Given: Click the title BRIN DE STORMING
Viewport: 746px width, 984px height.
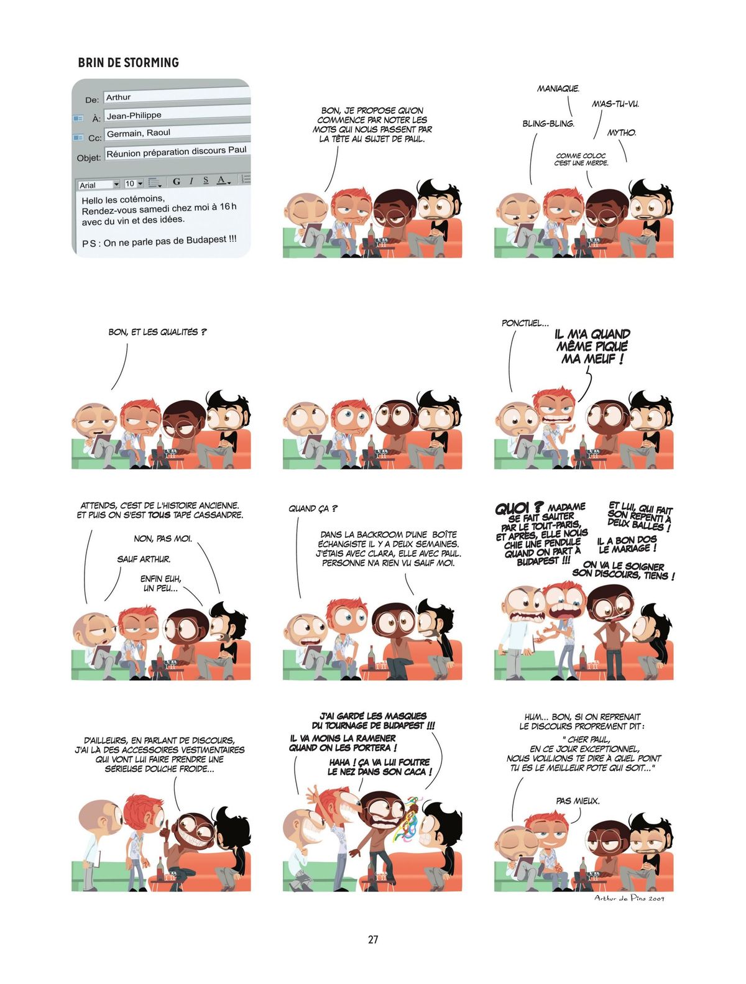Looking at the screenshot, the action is tap(128, 62).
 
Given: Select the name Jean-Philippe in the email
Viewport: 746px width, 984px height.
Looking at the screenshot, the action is tap(134, 116).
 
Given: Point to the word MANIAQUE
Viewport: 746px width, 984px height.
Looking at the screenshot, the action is tap(558, 89).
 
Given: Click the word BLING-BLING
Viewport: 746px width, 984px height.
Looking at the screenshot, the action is tap(548, 124).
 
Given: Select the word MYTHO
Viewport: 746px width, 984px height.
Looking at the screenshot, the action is tap(622, 132).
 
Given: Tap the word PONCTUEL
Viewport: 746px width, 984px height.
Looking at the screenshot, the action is tap(525, 323).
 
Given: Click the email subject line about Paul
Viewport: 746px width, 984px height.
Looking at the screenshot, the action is tap(177, 152).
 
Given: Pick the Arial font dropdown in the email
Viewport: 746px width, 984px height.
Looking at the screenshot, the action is tap(99, 185).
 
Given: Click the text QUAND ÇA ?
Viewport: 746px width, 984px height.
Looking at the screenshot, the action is tap(313, 508).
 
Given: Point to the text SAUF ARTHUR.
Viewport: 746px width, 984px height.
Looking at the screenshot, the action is tap(144, 559).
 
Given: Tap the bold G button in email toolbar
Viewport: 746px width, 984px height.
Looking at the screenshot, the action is tap(176, 181).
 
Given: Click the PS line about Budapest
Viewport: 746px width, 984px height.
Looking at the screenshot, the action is tap(159, 242).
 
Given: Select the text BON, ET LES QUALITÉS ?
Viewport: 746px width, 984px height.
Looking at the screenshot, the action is tap(157, 332).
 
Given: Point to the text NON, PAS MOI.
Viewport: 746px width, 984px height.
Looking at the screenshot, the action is tap(163, 538).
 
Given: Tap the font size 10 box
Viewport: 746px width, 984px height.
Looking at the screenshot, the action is tap(134, 183).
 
